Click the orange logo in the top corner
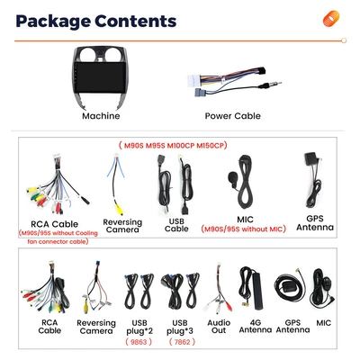click(331, 19)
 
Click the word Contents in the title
click(135, 21)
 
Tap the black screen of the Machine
click(100, 77)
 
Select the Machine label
click(101, 116)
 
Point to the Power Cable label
click(232, 116)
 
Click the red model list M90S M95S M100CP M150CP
click(173, 146)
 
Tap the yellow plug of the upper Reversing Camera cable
click(120, 210)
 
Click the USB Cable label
click(176, 225)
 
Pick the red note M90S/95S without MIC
click(244, 229)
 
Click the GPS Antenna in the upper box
click(313, 180)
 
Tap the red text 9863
click(139, 342)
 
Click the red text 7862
click(182, 342)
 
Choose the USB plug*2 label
click(139, 327)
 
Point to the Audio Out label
click(219, 327)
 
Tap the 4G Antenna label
click(256, 327)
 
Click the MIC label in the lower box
click(324, 323)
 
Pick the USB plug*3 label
click(180, 327)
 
